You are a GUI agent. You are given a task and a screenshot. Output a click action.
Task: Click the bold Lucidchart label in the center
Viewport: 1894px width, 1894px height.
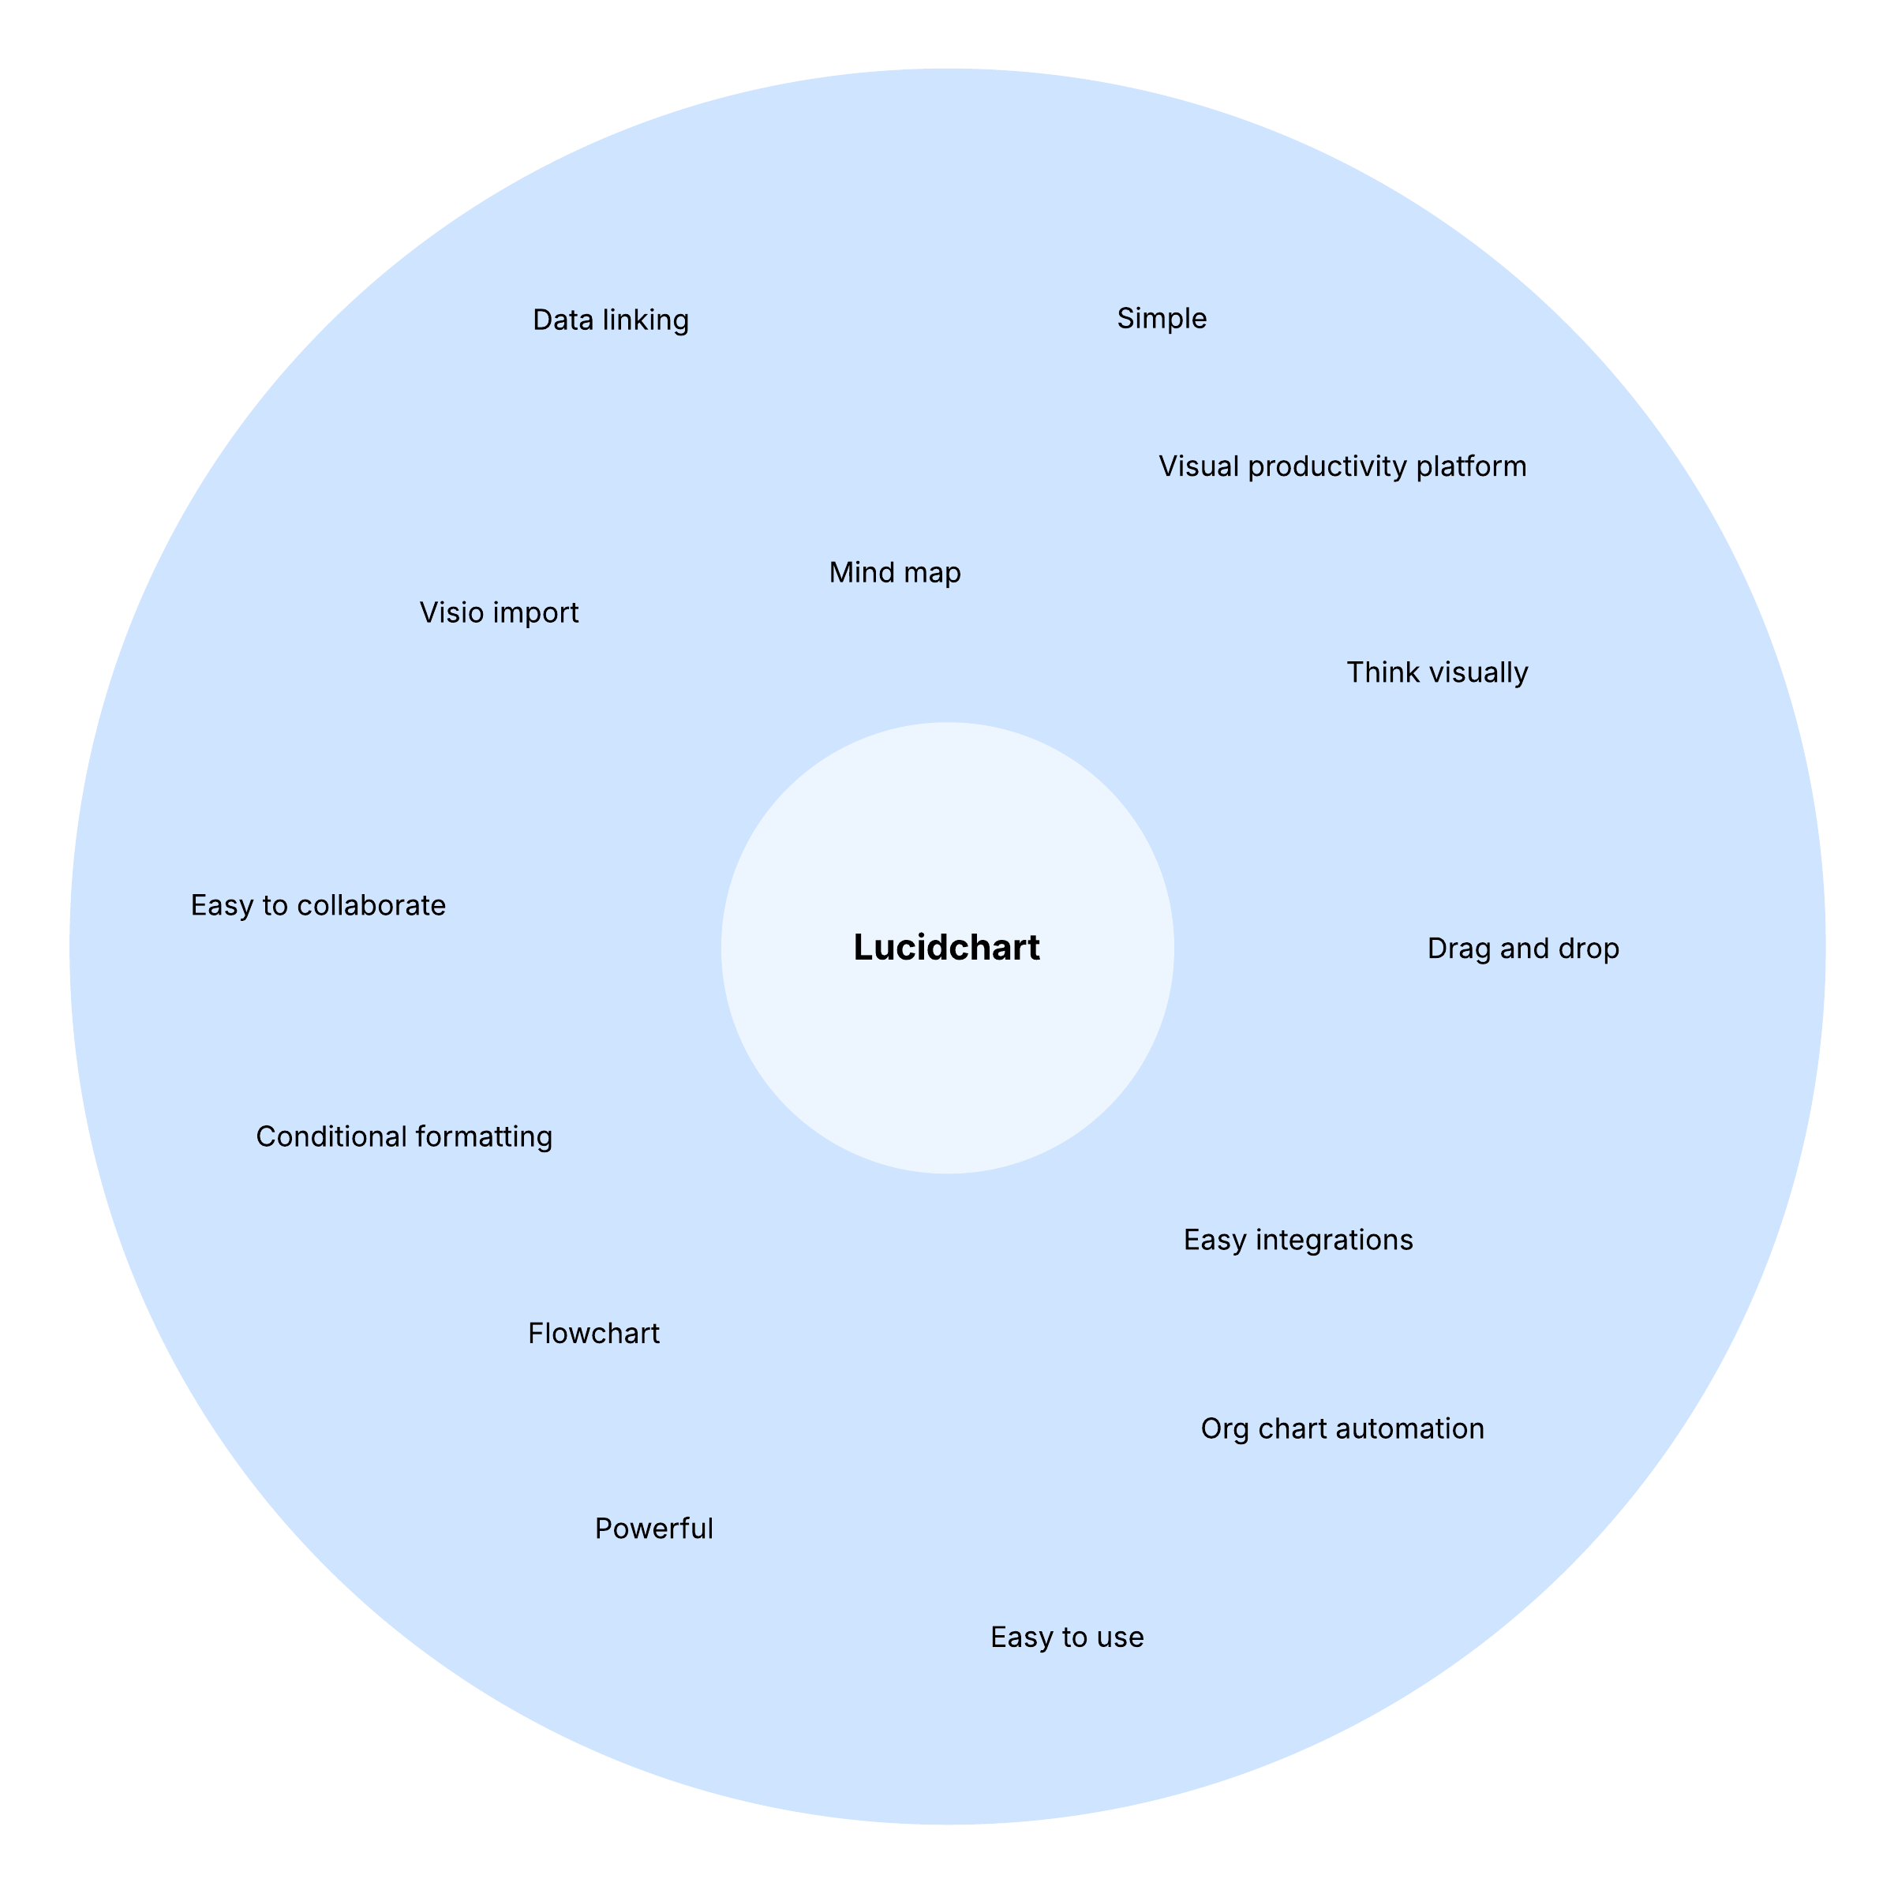946,948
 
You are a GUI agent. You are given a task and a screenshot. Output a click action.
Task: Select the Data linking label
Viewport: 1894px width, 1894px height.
611,320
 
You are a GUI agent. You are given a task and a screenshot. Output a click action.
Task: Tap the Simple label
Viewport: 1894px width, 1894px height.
1162,319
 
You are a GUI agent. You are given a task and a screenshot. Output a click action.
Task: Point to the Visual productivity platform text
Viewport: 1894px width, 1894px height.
1342,466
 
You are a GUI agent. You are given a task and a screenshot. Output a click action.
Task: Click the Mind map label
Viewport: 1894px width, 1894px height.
895,572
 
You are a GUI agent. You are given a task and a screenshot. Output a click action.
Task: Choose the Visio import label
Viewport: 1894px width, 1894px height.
499,612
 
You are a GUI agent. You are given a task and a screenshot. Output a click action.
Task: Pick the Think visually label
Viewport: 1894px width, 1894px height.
1437,672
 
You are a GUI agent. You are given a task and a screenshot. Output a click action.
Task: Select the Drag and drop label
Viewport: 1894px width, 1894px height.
1522,949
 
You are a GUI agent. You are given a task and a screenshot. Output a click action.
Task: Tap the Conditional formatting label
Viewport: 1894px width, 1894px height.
404,1137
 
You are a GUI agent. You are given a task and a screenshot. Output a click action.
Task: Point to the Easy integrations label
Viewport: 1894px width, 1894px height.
1298,1240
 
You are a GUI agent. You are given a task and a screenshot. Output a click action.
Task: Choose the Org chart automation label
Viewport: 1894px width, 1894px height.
1342,1428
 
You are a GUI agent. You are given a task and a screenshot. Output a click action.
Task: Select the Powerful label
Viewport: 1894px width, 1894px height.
654,1529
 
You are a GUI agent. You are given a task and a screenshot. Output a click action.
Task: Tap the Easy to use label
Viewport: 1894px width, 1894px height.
1067,1638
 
